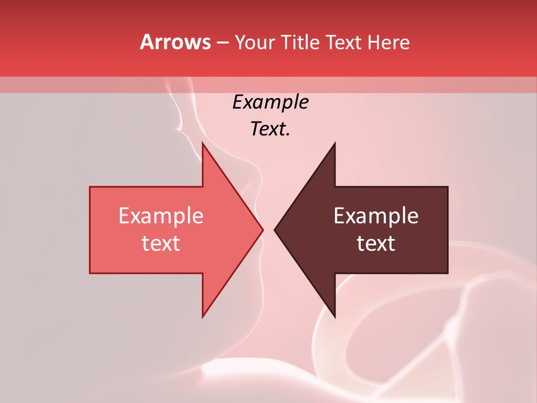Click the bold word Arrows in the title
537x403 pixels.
tap(175, 42)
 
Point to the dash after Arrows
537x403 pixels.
tap(222, 43)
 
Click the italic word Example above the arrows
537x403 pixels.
tap(271, 102)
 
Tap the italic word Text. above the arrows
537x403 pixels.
tap(271, 129)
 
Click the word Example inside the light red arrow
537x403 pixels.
tap(161, 215)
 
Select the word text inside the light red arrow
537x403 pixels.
tap(161, 243)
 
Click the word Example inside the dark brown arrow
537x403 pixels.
tap(376, 215)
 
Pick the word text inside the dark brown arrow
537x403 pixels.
tap(376, 243)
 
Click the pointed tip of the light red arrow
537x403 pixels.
tap(263, 229)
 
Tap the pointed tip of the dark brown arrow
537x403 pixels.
tap(275, 229)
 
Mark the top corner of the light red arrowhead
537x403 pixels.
tap(202, 143)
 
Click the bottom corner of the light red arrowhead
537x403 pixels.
tap(202, 317)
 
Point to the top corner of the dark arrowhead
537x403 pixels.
tap(335, 143)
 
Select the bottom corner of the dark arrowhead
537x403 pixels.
tap(335, 317)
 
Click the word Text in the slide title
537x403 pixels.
tap(343, 42)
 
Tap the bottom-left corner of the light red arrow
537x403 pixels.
tap(90, 273)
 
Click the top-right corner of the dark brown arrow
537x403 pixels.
tap(447, 187)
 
